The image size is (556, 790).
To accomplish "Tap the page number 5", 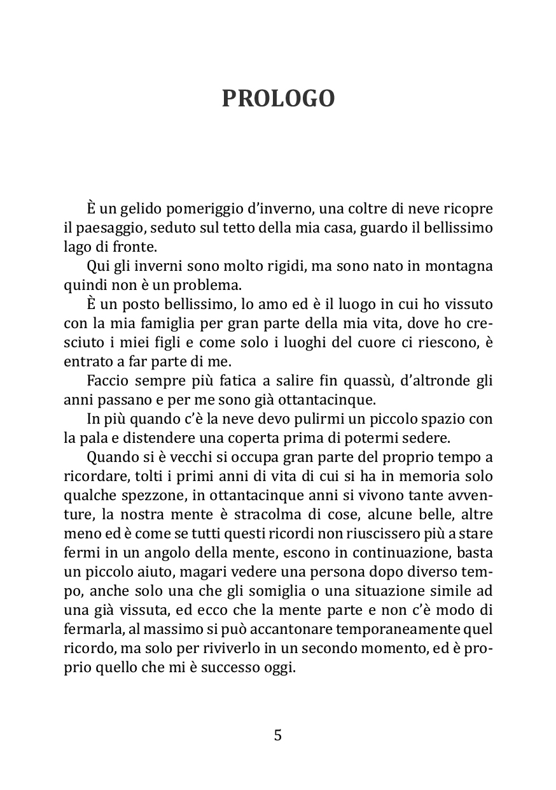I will point(277,735).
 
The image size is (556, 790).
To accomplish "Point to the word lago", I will point(76,247).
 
